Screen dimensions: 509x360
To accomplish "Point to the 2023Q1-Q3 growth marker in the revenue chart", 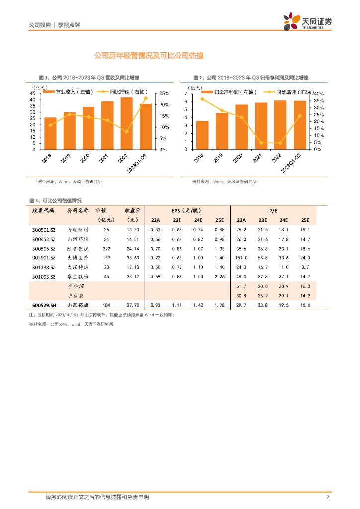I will tap(145, 98).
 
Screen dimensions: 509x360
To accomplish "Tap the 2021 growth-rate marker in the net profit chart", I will tap(261, 143).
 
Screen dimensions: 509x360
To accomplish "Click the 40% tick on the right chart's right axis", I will tap(318, 94).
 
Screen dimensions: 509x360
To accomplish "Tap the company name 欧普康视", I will tap(77, 248).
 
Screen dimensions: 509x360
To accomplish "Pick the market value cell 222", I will tap(106, 248).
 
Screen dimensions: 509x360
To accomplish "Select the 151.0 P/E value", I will tap(241, 258).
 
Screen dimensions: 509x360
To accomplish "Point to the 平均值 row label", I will tap(77, 286).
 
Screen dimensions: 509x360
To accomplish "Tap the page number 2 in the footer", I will tap(327, 497).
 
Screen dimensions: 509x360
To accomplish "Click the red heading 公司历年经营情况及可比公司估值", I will tap(149, 56).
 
